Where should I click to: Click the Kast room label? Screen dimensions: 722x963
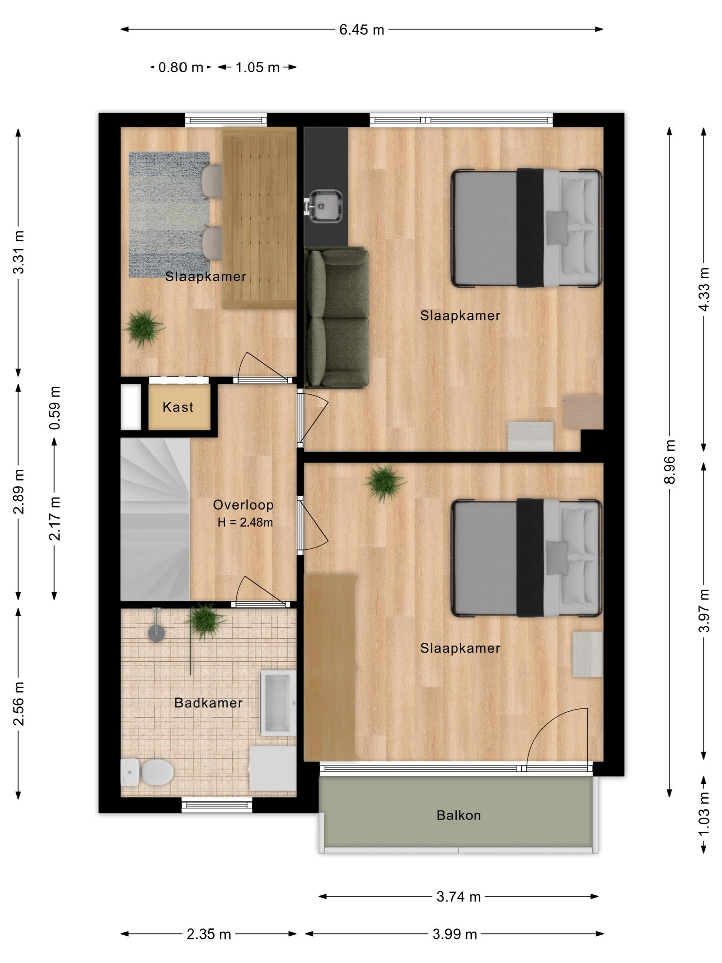pos(178,407)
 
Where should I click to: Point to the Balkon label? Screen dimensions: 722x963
pos(459,815)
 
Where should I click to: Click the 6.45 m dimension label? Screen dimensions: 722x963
pos(362,30)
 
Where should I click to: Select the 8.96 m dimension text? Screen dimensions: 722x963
pos(670,461)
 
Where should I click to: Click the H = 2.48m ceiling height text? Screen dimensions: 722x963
pos(245,522)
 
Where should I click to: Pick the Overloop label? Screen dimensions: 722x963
pos(243,505)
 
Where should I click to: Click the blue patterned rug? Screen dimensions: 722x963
pos(169,215)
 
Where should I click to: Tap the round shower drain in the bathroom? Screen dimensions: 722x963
pos(157,633)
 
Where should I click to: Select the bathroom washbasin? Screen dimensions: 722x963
pos(278,703)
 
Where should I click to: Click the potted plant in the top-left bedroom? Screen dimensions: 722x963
pos(144,328)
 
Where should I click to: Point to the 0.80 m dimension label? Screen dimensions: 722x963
pos(180,67)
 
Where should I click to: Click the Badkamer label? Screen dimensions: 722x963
pos(209,703)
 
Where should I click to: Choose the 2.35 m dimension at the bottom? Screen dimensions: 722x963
pos(209,934)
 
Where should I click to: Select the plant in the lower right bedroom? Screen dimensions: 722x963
pos(385,482)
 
